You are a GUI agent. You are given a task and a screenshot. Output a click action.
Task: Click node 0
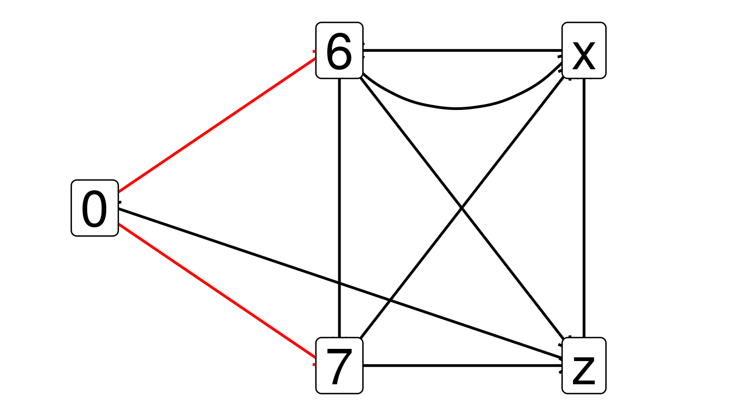coord(95,208)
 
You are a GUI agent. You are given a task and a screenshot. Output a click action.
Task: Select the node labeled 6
coord(339,51)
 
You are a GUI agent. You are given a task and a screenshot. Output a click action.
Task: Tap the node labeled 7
coord(339,366)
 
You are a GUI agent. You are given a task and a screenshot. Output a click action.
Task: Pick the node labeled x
coord(584,51)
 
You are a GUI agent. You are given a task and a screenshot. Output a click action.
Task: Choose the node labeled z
coord(584,366)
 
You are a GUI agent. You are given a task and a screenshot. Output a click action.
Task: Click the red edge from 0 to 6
coord(217,125)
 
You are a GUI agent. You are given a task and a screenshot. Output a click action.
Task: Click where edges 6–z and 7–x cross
coord(461,209)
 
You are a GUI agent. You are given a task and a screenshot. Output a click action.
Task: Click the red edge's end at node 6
coord(316,58)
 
